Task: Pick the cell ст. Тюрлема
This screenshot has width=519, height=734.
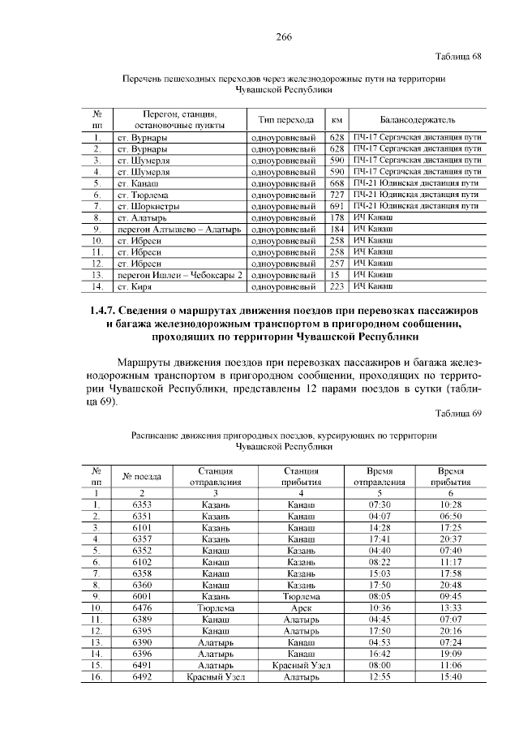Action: (143, 195)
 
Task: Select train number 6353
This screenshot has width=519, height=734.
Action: (142, 504)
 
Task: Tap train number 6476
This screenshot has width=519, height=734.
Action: (142, 607)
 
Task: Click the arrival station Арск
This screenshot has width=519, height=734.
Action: (301, 607)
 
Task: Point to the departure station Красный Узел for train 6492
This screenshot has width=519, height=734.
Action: (216, 676)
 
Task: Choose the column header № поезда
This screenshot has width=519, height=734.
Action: (142, 476)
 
